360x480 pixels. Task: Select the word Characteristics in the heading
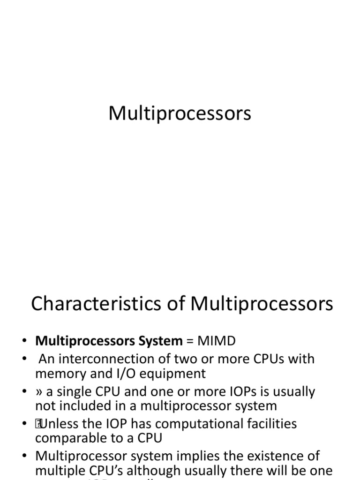click(x=86, y=304)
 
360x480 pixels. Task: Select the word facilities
click(x=273, y=424)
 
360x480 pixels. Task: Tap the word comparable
click(x=73, y=438)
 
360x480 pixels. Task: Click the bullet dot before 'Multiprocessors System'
click(x=25, y=341)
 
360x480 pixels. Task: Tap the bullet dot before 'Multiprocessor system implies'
click(x=25, y=456)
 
